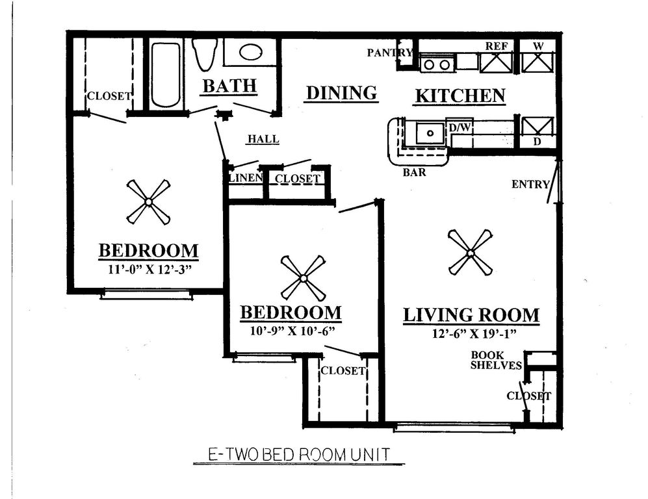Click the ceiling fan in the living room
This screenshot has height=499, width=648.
470,252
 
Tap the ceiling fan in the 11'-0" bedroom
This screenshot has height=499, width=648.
148,202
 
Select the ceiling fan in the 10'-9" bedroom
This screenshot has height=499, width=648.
303,278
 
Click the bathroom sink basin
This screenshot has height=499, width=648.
251,52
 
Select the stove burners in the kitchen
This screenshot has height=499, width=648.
435,64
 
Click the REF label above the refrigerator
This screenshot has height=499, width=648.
497,46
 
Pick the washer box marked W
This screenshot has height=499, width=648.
538,62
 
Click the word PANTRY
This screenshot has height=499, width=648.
389,53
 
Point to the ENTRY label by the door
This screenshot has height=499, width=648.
530,185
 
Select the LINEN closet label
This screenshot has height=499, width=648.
245,177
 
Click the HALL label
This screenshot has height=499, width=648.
263,139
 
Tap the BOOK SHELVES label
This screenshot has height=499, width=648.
497,361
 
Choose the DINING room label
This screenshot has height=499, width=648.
341,93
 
